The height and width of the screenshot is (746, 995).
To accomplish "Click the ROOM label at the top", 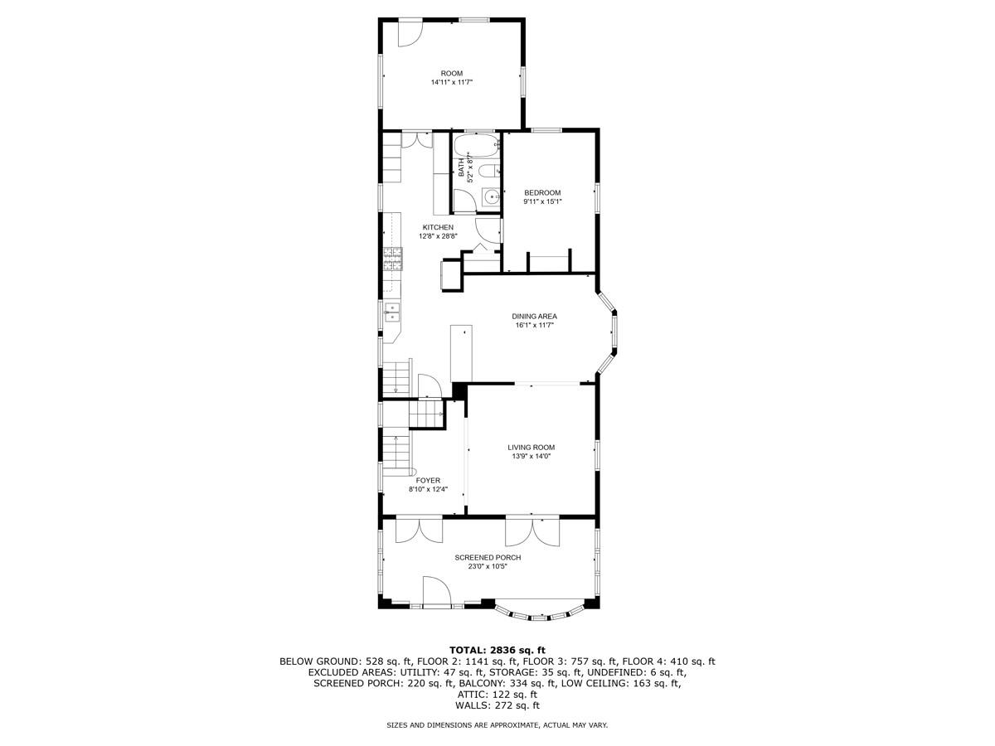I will coord(452,73).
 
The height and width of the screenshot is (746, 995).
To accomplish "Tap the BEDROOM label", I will coord(542,192).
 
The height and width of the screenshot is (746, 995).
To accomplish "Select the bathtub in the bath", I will coord(476,148).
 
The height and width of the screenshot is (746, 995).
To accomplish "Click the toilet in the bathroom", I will coord(489,172).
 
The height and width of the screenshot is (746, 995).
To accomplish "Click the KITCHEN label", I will coord(438,227).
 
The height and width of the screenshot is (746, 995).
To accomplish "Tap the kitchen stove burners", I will coord(391,260).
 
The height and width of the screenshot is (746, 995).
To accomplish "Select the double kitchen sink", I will coord(391,312).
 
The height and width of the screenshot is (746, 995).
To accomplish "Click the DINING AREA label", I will coord(534,316).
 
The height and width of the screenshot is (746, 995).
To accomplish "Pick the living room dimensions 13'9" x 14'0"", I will coord(531,456).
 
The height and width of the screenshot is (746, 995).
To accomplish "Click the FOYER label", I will coord(428,480).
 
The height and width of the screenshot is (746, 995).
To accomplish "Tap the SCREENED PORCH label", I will coord(488,557).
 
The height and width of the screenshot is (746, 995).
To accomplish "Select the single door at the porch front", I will coord(436,593).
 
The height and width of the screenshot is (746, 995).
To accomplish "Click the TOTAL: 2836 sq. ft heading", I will coord(498,649).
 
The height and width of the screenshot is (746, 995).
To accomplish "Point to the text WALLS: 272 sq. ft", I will coord(498,705).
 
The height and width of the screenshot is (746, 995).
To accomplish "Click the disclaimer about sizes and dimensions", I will coord(498,725).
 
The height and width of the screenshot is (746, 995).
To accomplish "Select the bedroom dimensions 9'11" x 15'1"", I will coord(542,201).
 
